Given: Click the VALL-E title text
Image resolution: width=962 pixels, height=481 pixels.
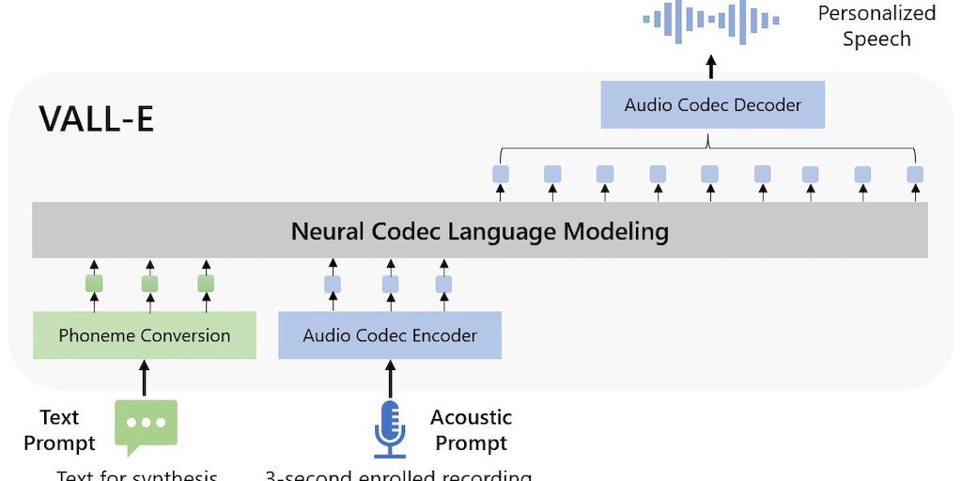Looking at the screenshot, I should click(x=96, y=119).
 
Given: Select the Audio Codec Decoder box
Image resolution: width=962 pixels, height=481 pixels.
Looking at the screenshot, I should click(x=712, y=104).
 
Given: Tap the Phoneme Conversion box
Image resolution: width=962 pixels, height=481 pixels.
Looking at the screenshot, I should click(x=144, y=335).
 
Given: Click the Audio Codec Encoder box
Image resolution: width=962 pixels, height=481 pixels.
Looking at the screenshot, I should click(x=390, y=335).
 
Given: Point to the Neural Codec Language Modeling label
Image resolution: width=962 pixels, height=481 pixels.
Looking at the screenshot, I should click(x=479, y=231).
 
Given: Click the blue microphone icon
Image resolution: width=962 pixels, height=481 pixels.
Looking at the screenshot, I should click(x=390, y=428).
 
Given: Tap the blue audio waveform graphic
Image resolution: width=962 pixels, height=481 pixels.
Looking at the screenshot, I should click(x=711, y=21).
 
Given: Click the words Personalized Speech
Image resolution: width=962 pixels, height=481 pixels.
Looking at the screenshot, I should click(x=876, y=25).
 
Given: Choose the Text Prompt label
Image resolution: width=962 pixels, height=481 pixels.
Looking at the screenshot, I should click(x=59, y=429).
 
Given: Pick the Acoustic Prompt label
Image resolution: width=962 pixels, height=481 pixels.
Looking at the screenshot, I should click(x=471, y=429).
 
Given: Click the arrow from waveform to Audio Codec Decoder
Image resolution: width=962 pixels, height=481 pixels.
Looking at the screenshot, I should click(x=711, y=66).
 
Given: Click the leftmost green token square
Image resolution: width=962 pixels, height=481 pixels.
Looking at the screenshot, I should click(x=94, y=284).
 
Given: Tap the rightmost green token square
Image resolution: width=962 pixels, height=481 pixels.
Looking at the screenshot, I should click(x=206, y=284).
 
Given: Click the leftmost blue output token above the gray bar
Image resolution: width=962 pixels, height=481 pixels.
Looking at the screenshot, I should click(x=501, y=174).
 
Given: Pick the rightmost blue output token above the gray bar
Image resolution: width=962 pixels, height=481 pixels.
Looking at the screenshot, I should click(x=915, y=174).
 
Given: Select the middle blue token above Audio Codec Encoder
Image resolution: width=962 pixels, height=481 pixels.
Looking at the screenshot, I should click(x=390, y=284).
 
